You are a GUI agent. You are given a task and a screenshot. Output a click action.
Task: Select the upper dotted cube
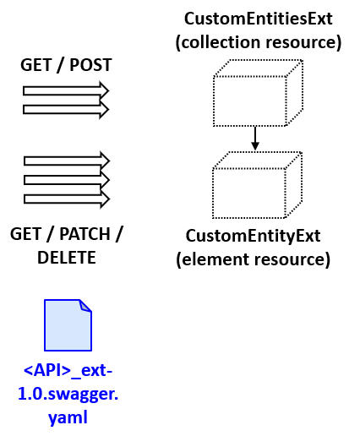tap(256, 94)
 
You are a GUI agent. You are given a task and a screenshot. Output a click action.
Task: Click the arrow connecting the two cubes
tap(255, 137)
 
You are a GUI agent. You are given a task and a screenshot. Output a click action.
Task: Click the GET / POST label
tap(66, 65)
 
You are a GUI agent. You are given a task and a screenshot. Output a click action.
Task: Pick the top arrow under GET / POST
tap(66, 90)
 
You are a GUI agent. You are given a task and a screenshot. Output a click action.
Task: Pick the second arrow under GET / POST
tap(66, 109)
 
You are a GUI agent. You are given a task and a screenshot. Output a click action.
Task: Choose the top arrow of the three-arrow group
tap(66, 161)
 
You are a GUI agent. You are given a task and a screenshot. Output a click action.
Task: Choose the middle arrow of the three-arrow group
tap(66, 180)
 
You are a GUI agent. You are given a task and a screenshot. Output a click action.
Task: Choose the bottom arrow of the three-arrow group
tap(66, 199)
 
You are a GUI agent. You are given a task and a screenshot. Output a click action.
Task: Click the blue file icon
tap(67, 325)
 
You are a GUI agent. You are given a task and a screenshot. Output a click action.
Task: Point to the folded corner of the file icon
tap(85, 307)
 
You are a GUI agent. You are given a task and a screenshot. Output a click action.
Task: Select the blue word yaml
tap(67, 417)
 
